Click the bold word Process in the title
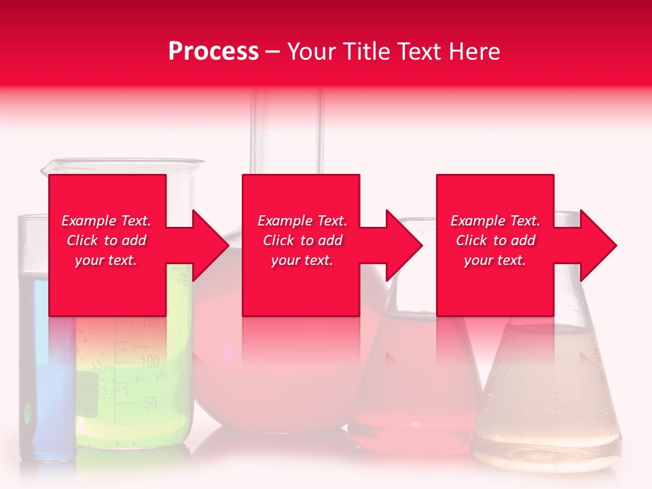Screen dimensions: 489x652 click(x=213, y=52)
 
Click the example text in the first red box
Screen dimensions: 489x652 click(x=106, y=240)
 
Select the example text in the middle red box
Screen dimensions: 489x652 click(x=302, y=240)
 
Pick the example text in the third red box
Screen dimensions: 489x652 click(x=495, y=240)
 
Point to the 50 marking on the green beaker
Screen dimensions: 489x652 click(x=151, y=403)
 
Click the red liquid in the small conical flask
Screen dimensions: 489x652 click(x=414, y=407)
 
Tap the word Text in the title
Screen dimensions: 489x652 click(x=418, y=52)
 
